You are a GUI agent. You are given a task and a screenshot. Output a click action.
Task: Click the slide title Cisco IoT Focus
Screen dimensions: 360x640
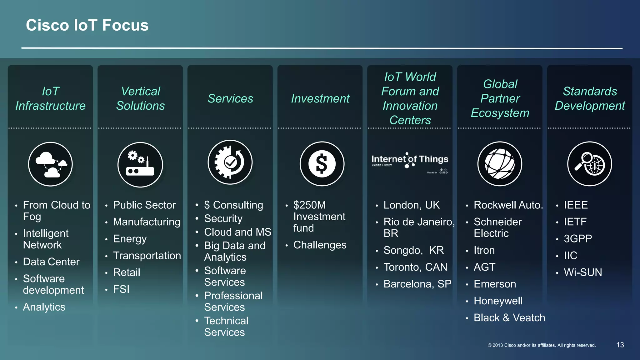[x=87, y=25]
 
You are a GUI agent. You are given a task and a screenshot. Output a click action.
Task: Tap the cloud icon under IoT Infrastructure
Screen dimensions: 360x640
[x=50, y=164]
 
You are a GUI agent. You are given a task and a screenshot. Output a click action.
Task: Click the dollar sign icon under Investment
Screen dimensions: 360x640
[x=322, y=164]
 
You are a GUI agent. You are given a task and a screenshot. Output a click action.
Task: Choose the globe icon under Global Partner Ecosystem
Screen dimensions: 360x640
[x=500, y=164]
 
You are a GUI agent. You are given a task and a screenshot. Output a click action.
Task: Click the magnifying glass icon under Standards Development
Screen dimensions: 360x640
[x=589, y=164]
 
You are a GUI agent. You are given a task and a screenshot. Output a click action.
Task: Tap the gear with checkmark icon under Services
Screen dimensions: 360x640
[x=230, y=162]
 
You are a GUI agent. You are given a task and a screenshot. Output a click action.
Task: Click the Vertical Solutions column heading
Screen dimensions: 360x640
[x=140, y=98]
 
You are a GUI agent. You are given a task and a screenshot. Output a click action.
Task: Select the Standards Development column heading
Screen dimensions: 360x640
[x=590, y=98]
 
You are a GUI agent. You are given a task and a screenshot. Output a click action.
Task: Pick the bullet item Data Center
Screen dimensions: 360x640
[x=51, y=262]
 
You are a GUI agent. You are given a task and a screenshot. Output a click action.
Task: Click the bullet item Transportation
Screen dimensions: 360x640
[x=147, y=256]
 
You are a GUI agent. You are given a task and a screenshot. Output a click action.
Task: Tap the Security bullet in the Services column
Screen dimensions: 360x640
[x=223, y=218]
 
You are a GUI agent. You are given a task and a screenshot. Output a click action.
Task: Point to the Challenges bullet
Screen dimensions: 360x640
[x=320, y=245]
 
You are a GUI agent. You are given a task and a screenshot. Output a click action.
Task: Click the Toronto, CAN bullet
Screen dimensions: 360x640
[x=415, y=267]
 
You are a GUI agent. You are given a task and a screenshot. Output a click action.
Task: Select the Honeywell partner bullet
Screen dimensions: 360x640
[x=498, y=301]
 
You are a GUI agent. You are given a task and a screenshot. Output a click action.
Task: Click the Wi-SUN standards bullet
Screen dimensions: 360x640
[x=583, y=272]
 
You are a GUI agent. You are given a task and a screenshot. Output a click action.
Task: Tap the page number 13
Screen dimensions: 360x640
[x=620, y=345]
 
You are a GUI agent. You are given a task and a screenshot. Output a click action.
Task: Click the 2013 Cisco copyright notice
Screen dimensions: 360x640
[x=542, y=345]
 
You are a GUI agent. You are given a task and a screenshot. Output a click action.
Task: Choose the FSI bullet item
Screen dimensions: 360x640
[x=121, y=289]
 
